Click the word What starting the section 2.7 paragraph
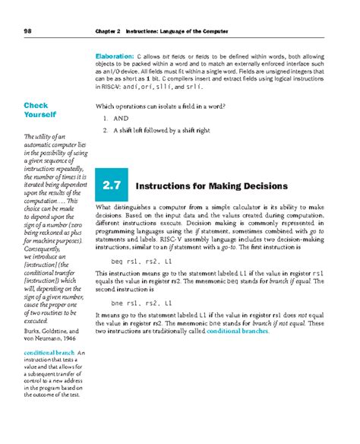point(104,208)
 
